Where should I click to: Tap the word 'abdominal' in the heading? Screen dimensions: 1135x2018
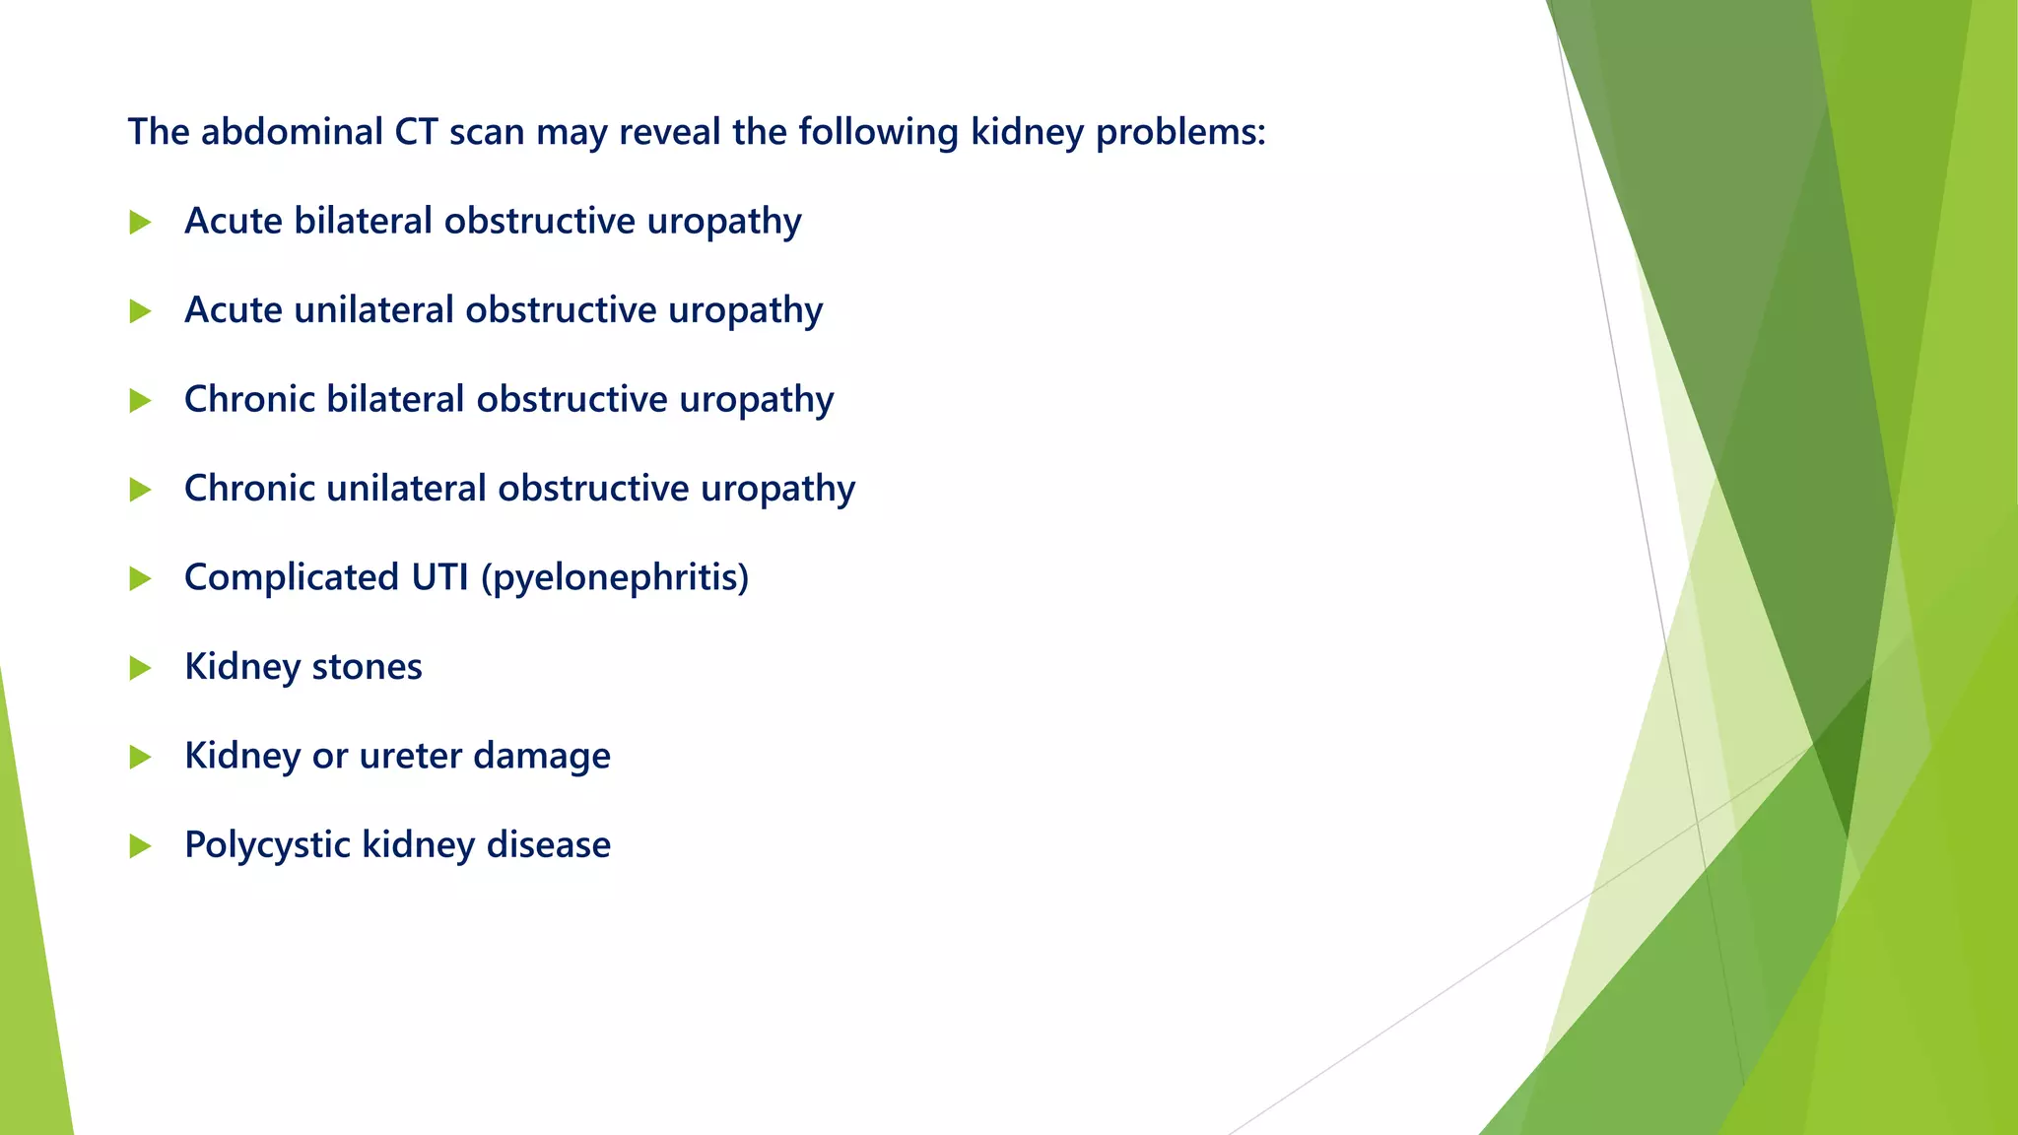click(x=292, y=132)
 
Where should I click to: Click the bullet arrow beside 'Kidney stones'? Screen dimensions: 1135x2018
click(x=140, y=668)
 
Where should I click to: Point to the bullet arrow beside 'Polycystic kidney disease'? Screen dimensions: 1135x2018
click(x=140, y=845)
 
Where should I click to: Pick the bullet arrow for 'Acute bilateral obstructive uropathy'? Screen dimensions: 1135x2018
click(x=140, y=223)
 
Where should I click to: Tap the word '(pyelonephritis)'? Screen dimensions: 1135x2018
click(x=615, y=577)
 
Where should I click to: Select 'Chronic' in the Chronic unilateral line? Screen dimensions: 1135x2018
click(x=249, y=489)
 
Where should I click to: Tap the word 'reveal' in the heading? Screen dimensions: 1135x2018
click(x=669, y=132)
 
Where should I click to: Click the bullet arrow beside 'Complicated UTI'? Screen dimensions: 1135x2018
click(x=140, y=579)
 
